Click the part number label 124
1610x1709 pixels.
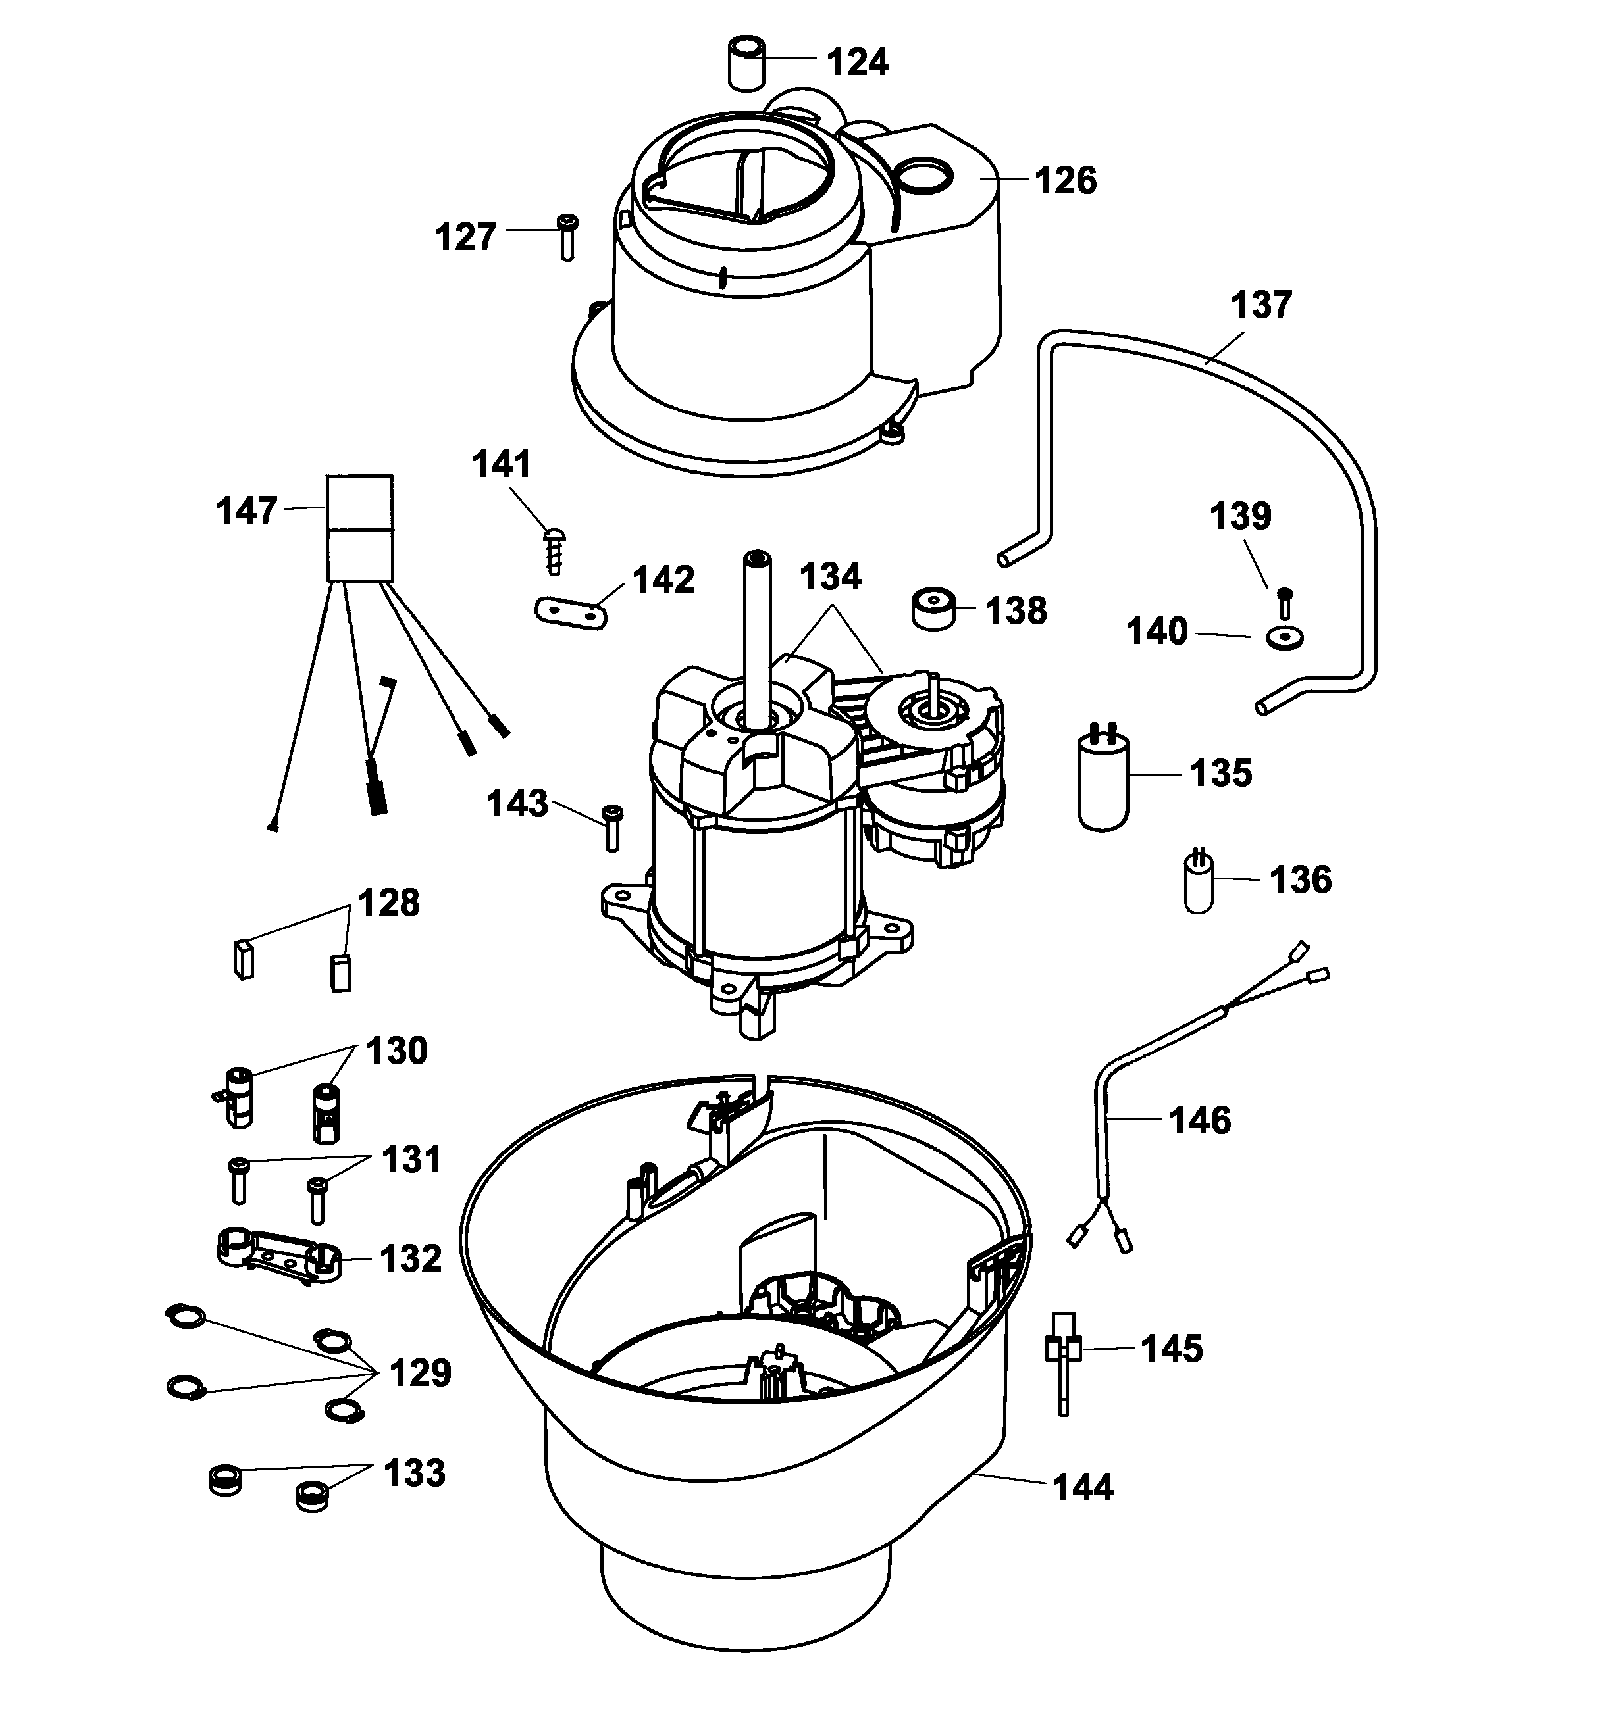point(858,62)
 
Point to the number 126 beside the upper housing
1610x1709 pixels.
point(1066,182)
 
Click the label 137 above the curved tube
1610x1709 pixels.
point(1261,305)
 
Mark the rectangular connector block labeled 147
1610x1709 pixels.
point(359,528)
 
